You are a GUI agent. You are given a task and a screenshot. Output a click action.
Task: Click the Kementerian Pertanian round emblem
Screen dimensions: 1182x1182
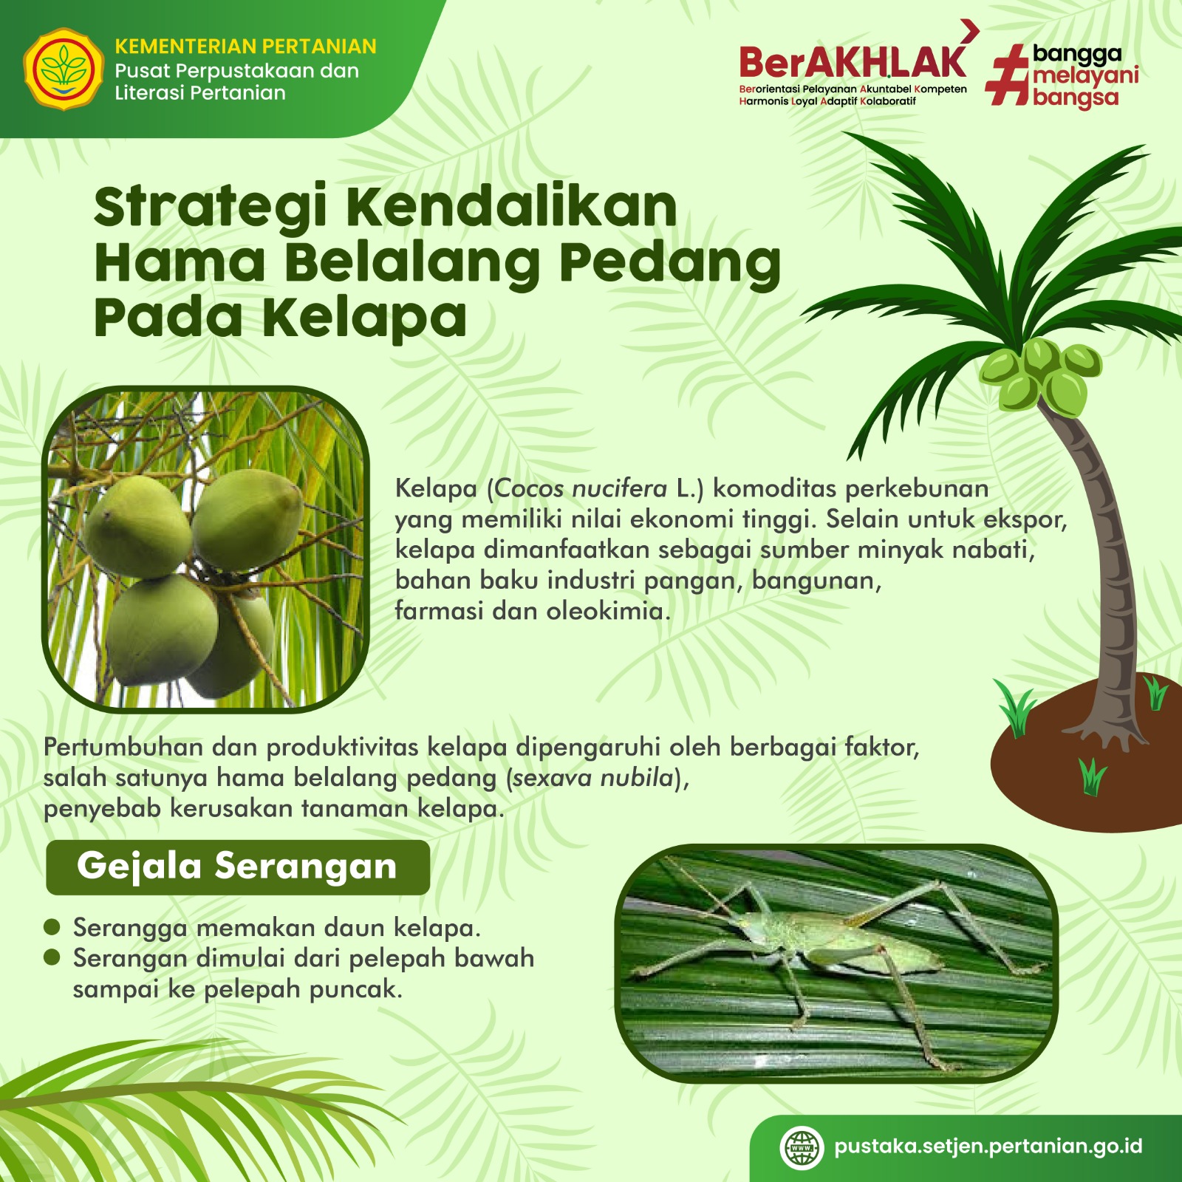click(x=64, y=69)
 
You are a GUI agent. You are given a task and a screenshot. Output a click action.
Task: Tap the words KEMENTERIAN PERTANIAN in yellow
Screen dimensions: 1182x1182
click(x=245, y=47)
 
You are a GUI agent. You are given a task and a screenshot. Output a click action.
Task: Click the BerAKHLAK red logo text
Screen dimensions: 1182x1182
click(x=853, y=63)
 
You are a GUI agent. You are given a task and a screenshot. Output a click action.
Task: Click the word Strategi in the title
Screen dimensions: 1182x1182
click(x=211, y=208)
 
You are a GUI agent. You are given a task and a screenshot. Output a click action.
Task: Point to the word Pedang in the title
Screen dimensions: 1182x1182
click(x=670, y=263)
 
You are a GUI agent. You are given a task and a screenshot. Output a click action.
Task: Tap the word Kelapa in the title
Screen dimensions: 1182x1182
click(x=364, y=317)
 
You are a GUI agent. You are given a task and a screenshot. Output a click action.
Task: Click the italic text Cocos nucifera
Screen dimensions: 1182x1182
click(x=581, y=488)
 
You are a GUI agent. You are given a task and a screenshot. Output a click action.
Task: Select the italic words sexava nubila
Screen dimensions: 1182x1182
click(x=593, y=778)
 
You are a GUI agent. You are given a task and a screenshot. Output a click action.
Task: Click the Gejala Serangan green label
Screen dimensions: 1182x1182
click(x=238, y=867)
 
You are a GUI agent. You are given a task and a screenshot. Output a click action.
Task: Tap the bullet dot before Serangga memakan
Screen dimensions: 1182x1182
click(x=52, y=927)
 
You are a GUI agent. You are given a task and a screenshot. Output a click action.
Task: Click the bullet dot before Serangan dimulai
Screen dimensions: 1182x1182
click(x=52, y=957)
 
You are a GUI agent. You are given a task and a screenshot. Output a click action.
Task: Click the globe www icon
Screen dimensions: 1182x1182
click(x=802, y=1148)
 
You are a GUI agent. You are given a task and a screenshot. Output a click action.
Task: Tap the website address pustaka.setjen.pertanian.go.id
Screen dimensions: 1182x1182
click(x=988, y=1147)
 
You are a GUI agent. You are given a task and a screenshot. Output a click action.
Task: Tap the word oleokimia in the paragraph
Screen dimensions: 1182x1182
click(x=604, y=612)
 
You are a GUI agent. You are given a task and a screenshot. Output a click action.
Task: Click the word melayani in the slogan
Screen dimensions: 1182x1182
click(x=1086, y=76)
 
